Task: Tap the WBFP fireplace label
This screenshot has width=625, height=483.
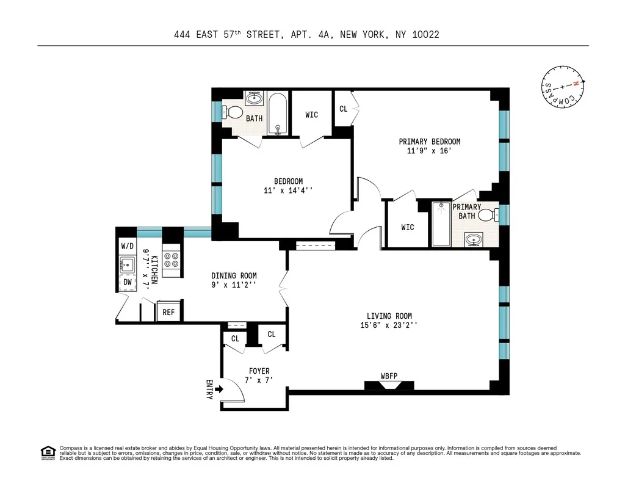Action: [389, 376]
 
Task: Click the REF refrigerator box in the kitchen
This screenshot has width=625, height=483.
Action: [168, 312]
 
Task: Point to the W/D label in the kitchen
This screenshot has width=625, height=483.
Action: [127, 245]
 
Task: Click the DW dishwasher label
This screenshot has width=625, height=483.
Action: [128, 282]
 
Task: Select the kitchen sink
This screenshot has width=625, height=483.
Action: [128, 264]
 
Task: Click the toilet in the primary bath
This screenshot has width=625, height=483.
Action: [487, 214]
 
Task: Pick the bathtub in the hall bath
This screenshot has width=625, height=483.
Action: [278, 114]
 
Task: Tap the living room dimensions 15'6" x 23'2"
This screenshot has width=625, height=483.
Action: [389, 325]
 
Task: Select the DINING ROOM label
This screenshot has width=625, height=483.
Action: [234, 275]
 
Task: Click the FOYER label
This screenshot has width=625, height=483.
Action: [259, 371]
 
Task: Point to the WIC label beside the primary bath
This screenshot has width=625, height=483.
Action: [407, 227]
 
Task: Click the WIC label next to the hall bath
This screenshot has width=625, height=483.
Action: [311, 115]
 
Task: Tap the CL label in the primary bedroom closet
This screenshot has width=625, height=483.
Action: [343, 109]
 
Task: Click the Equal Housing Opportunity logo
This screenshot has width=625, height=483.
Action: [48, 452]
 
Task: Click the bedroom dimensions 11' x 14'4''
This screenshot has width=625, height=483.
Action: [288, 191]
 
